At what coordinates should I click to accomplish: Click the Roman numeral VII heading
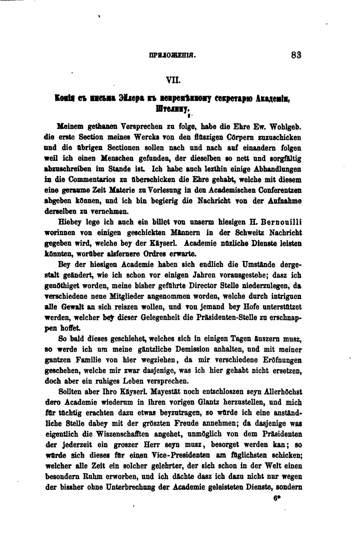click(173, 81)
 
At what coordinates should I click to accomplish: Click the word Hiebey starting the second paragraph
click(70, 222)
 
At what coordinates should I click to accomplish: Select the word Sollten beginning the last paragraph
click(71, 392)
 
